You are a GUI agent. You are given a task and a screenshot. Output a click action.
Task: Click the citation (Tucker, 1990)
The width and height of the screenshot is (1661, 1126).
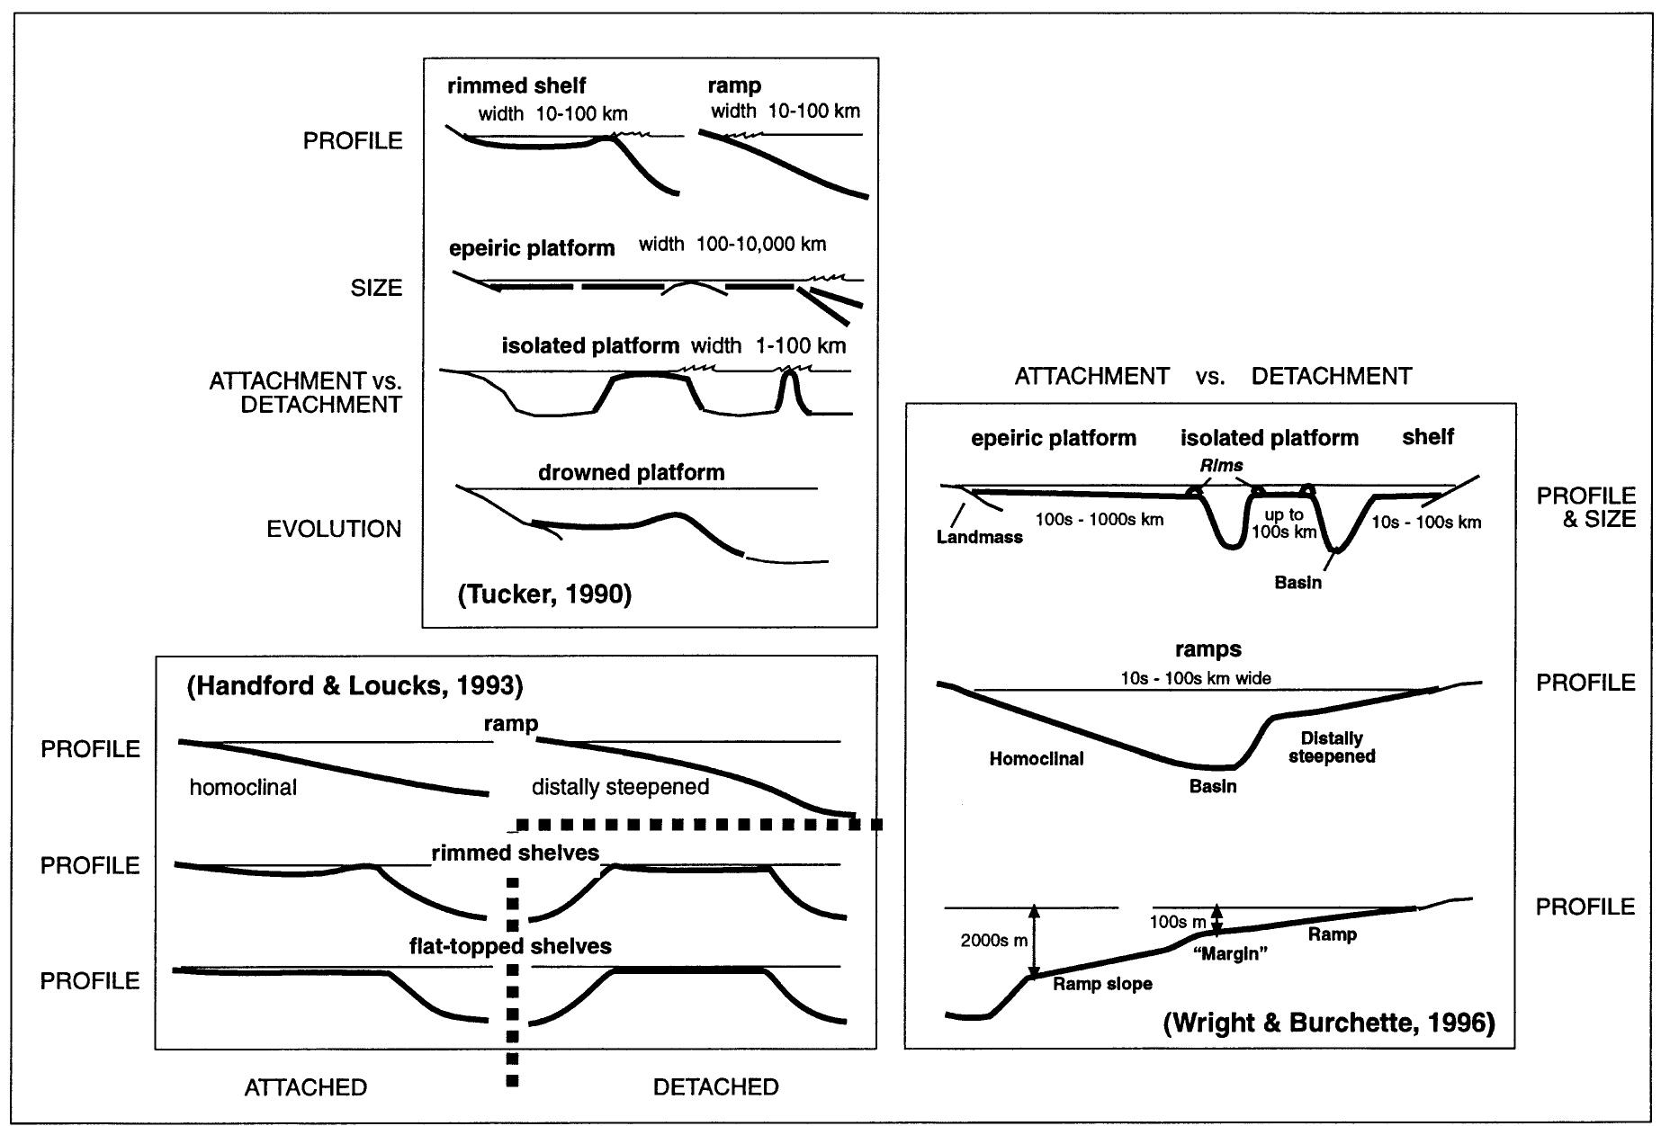545,594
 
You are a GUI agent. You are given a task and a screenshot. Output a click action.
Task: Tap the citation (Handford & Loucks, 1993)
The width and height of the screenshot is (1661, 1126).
355,685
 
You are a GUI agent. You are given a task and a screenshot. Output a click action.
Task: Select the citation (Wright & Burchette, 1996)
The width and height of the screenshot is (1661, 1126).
1329,1023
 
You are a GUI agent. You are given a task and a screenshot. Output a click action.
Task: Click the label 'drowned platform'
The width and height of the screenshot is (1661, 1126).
631,472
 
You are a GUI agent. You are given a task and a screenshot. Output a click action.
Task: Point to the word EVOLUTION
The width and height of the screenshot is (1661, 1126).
334,529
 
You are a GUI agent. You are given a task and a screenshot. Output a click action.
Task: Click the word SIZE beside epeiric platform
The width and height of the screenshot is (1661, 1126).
376,288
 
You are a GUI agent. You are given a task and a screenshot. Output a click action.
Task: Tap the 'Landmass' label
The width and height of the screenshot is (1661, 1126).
979,537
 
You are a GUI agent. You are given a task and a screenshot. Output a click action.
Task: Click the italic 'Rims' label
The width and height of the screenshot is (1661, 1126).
1221,465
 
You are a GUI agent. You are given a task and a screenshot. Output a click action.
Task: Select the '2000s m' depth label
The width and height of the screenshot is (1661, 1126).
993,941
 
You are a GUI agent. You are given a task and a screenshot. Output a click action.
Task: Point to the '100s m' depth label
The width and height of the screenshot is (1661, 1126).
1177,922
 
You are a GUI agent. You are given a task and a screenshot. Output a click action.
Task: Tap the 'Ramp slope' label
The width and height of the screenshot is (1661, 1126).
1102,984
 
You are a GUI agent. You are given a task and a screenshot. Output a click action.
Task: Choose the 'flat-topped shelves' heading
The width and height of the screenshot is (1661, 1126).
510,946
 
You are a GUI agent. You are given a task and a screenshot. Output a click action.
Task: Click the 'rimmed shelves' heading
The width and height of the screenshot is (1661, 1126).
516,853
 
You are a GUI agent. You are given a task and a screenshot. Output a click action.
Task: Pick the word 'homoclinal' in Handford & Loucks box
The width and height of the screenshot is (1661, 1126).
243,788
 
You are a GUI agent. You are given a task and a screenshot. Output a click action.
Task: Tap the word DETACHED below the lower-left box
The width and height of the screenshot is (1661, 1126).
715,1086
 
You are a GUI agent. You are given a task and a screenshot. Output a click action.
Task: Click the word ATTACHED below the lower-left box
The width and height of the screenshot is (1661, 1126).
306,1086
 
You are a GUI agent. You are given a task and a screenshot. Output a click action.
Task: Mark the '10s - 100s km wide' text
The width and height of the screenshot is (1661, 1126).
1196,678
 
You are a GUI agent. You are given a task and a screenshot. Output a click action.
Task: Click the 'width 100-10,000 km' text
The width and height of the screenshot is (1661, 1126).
732,244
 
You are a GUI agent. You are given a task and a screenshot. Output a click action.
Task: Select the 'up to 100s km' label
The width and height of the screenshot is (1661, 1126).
1283,523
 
